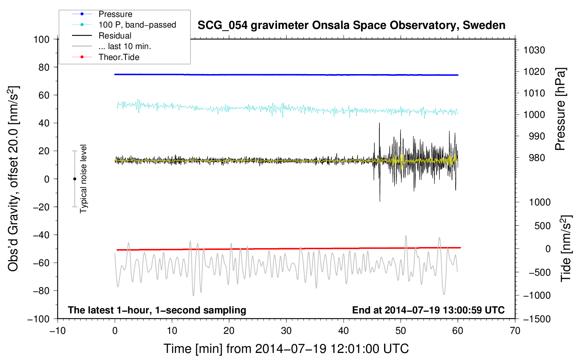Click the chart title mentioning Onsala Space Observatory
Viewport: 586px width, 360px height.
351,25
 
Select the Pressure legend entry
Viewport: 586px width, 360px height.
115,14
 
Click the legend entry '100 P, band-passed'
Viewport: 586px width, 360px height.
137,25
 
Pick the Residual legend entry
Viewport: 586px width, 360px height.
115,36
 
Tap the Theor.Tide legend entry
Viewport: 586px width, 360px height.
119,57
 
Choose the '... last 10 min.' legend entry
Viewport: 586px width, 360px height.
125,46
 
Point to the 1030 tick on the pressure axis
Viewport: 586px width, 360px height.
534,50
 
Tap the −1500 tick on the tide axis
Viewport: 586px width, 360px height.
537,319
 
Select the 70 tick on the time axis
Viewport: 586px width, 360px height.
515,331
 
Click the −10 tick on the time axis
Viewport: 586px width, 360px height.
58,331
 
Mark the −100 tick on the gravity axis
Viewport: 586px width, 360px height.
39,319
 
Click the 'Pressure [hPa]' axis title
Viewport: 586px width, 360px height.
561,109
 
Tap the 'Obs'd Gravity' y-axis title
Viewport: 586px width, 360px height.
13,179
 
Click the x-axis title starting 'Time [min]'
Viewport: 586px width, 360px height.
286,349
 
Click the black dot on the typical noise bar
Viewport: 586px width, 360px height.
74,179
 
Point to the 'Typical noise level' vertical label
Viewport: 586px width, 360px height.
83,179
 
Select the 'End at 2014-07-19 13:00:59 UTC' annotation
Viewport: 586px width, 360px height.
428,310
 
